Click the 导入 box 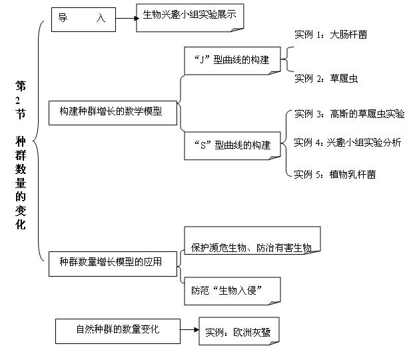[83, 19]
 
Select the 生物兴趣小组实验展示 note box [190, 18]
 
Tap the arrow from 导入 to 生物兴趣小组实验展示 [127, 18]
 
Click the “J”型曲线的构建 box [232, 61]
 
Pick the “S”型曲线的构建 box [232, 146]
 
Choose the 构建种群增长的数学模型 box [113, 113]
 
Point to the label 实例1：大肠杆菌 [331, 35]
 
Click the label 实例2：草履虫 [326, 78]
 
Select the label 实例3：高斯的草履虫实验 [350, 114]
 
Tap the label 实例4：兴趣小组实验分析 [348, 143]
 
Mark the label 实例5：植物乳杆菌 [335, 175]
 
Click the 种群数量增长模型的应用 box [113, 264]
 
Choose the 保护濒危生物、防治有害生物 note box [252, 240]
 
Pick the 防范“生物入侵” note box [232, 291]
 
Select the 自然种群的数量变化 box [118, 331]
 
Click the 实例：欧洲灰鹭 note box [239, 331]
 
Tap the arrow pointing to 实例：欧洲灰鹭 [190, 330]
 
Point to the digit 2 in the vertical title [18, 101]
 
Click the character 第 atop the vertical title [21, 86]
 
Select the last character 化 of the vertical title [21, 225]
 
